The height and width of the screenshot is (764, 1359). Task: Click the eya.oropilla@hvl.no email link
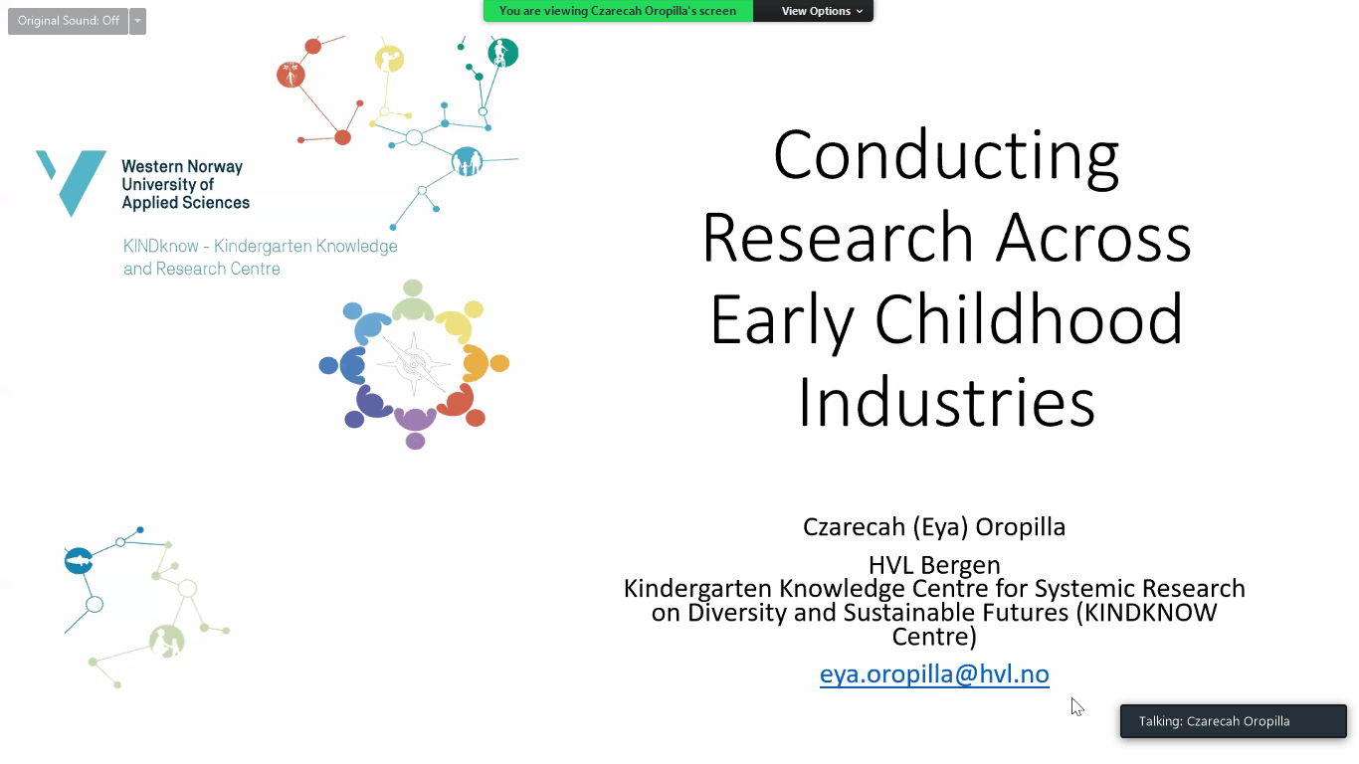coord(934,674)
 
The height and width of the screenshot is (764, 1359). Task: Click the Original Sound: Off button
coord(68,21)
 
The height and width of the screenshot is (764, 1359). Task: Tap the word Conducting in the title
coord(946,155)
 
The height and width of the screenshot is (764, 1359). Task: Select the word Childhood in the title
coord(1029,319)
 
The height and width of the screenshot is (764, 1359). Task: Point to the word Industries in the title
coord(946,402)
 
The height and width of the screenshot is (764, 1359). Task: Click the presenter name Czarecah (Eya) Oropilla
coord(934,526)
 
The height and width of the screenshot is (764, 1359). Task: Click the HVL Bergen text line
coord(934,565)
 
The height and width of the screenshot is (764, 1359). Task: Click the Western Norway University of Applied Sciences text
coord(185,184)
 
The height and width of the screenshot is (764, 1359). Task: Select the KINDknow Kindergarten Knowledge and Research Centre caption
coord(261,257)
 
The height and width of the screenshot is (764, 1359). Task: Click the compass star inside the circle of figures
coord(414,364)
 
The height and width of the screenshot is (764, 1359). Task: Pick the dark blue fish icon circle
coord(79,561)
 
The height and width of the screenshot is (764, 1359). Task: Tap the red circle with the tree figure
coord(291,75)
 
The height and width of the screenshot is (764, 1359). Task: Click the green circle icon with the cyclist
coord(503,53)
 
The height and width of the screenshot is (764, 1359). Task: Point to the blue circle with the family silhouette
coord(467,161)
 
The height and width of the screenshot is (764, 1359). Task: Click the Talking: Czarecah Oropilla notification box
coord(1233,721)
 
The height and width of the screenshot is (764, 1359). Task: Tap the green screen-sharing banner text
coord(618,11)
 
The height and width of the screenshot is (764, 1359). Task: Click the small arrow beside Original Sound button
coord(137,21)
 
